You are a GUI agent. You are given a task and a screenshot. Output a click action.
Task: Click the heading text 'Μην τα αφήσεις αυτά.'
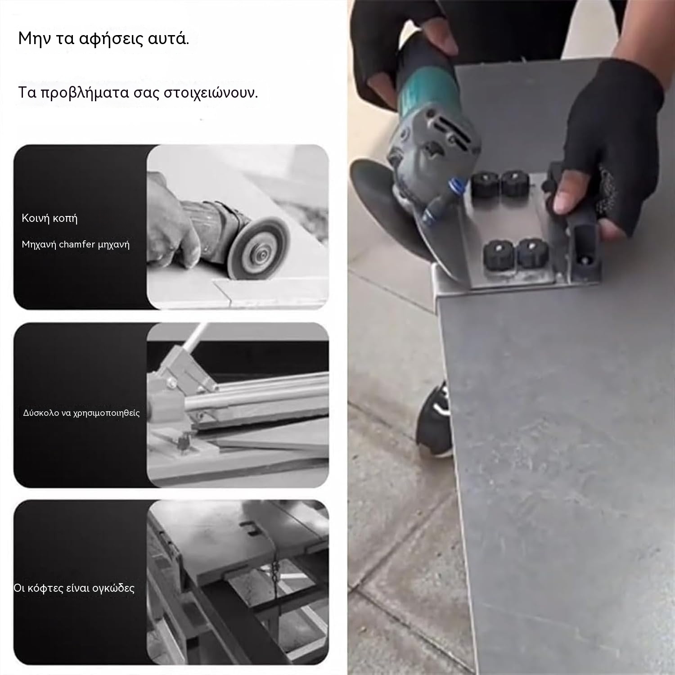[103, 39]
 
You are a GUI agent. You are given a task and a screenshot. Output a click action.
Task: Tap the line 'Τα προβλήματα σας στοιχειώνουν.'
[138, 93]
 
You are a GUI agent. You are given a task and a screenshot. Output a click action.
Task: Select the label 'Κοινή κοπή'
[49, 219]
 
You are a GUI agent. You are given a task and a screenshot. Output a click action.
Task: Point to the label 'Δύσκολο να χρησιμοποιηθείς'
[81, 413]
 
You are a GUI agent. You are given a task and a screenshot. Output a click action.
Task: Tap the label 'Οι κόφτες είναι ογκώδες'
[74, 588]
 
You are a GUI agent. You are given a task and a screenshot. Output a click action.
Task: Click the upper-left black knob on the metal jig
[483, 184]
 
